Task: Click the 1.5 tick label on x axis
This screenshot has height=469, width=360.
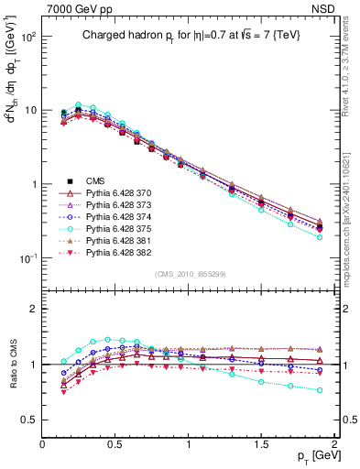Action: coord(262,443)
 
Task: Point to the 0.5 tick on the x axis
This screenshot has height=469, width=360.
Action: coord(115,443)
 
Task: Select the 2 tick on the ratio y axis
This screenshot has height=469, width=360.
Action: coord(33,309)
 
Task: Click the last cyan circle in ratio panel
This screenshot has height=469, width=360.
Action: coord(320,390)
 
